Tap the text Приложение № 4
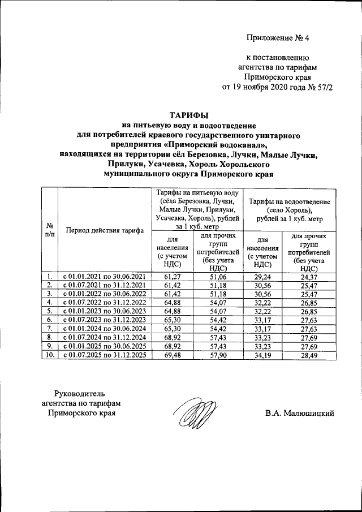(x=278, y=38)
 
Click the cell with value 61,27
(x=171, y=276)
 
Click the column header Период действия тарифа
(x=104, y=230)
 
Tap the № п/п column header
(x=49, y=230)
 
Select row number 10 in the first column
(x=49, y=355)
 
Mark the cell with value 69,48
(x=171, y=355)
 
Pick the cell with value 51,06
(x=218, y=276)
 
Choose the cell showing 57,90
(x=218, y=355)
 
